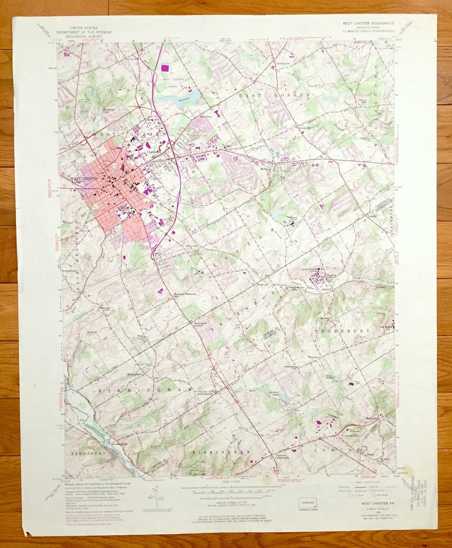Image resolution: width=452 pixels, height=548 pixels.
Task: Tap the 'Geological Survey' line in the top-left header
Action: (76, 36)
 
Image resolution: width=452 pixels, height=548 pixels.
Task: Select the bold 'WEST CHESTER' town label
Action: (84, 179)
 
